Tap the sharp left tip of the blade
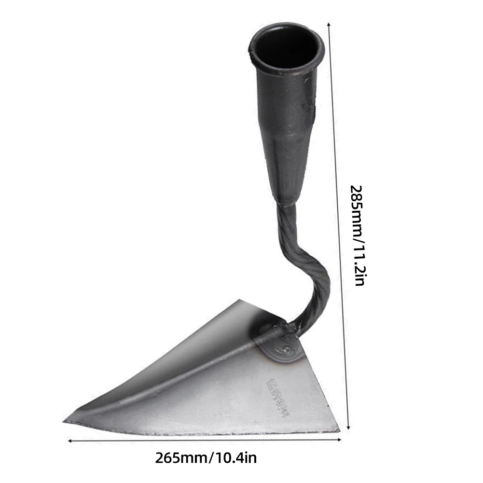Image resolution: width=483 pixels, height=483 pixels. pos(66,421)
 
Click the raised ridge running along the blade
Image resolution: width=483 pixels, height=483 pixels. pos(183,376)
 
